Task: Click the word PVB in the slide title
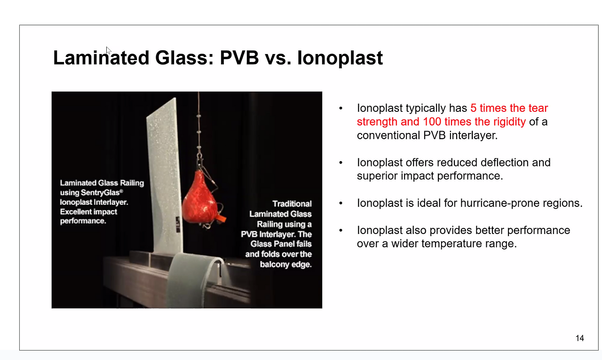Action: (239, 57)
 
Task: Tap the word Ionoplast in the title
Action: (340, 58)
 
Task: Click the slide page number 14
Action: (580, 338)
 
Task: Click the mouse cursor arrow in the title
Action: (108, 50)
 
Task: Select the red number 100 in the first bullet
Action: (432, 122)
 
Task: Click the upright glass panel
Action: (165, 175)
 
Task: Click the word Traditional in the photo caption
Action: (292, 203)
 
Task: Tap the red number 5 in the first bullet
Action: (473, 108)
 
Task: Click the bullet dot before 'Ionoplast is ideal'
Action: (341, 203)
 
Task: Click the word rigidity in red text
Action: (509, 122)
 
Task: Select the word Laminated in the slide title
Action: (101, 57)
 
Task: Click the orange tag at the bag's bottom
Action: (221, 219)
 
